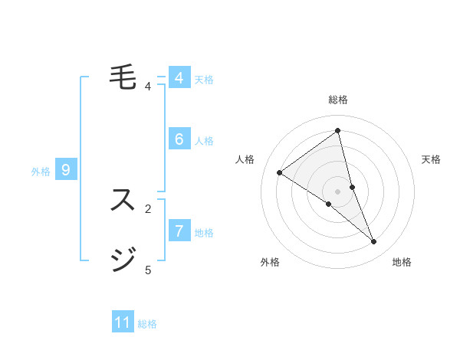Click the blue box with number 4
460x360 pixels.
179,78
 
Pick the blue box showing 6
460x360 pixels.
179,139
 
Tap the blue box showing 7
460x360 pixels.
179,231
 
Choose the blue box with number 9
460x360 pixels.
66,170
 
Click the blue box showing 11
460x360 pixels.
123,322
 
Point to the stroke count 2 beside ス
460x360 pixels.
148,208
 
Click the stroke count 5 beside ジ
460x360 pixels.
148,270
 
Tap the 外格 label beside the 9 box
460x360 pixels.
41,172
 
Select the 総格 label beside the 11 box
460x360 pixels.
147,324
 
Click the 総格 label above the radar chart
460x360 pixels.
337,100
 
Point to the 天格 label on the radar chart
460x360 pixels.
431,159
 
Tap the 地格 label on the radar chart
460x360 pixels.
402,262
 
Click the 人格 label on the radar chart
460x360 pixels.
245,159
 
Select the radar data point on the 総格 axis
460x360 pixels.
337,130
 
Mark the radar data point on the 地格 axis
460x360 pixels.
374,242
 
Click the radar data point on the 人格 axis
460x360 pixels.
279,173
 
